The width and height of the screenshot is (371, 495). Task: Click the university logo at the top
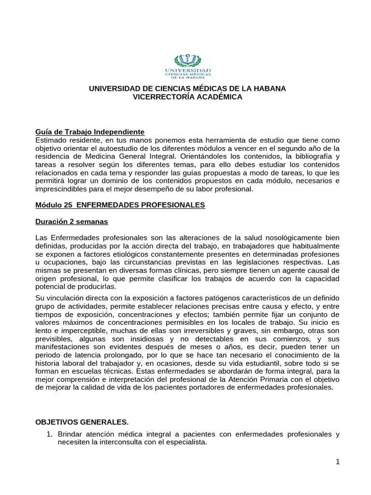click(188, 67)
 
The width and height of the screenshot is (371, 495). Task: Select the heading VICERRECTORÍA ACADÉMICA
click(187, 97)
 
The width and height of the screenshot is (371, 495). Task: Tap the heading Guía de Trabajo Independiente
click(90, 132)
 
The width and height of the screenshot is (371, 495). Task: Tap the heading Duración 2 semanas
click(71, 221)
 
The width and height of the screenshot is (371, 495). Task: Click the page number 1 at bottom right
click(338, 462)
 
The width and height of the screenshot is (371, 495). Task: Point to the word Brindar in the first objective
click(70, 434)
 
